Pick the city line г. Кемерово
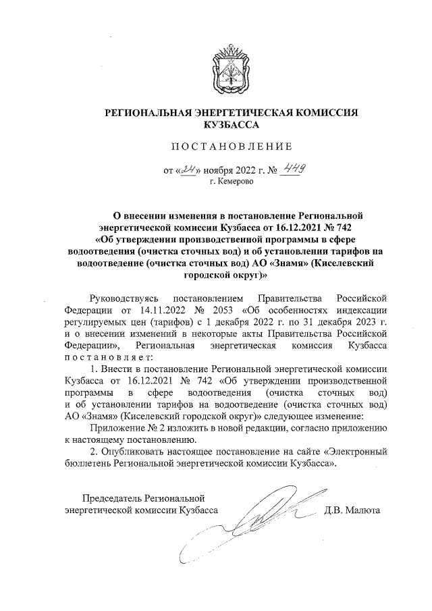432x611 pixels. tap(231, 182)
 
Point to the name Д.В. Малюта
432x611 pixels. tap(353, 510)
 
